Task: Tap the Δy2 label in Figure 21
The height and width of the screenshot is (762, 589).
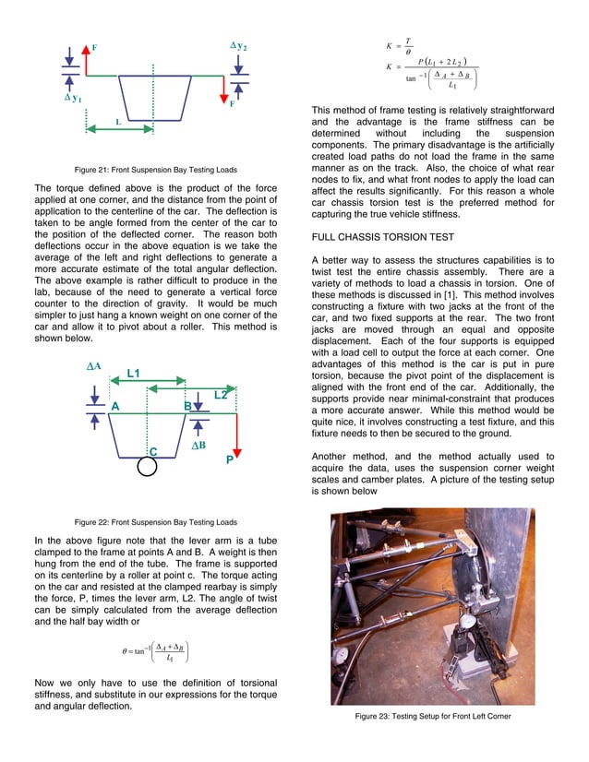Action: tap(238, 45)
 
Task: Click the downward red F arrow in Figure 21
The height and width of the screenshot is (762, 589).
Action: tap(222, 91)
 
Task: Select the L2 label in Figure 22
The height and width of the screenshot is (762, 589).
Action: tap(221, 395)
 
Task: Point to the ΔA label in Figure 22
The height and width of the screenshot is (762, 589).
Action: tap(93, 366)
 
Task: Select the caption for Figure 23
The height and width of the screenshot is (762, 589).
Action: tap(432, 717)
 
